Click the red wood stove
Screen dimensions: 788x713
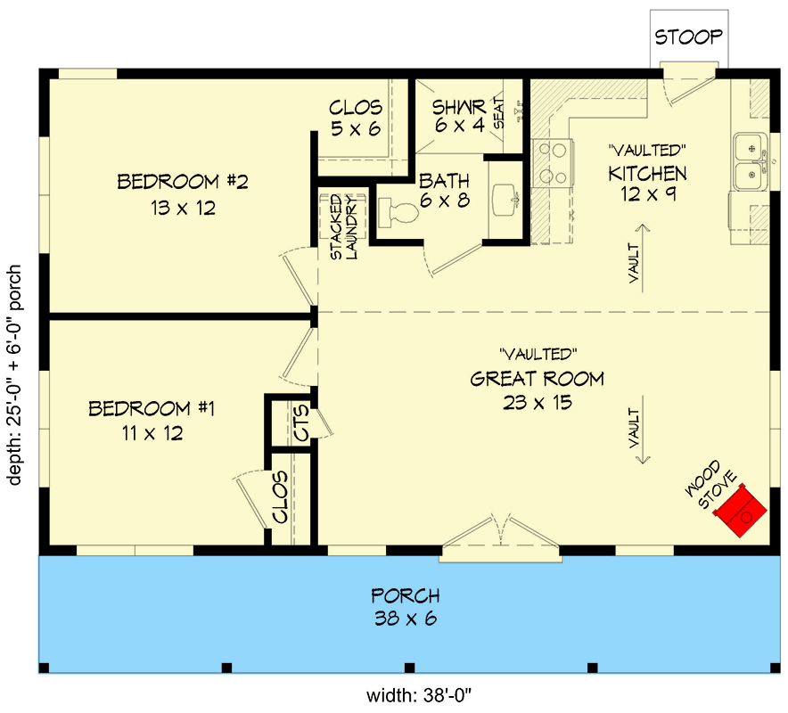[x=740, y=511]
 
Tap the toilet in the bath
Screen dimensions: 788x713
[x=398, y=211]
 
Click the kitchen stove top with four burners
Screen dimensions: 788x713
[x=553, y=163]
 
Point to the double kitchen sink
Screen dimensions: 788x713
[x=751, y=162]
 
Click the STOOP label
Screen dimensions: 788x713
[x=688, y=37]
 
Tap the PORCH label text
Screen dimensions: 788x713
[x=406, y=596]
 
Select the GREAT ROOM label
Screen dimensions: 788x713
[x=538, y=379]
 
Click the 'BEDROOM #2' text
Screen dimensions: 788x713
[x=183, y=182]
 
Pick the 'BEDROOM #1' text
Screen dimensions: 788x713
[x=152, y=408]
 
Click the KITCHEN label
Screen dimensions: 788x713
[x=647, y=174]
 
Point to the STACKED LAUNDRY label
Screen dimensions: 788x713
[x=344, y=227]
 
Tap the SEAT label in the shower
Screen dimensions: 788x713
[x=498, y=113]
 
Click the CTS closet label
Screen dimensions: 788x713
[x=301, y=423]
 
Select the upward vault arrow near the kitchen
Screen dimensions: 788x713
[x=643, y=258]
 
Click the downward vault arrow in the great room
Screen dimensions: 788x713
[x=643, y=430]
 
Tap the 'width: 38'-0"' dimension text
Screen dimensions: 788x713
[x=419, y=696]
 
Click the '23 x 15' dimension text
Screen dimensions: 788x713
[x=538, y=403]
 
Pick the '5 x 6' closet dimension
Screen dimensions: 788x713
[x=356, y=129]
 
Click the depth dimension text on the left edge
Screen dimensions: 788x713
[x=15, y=375]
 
